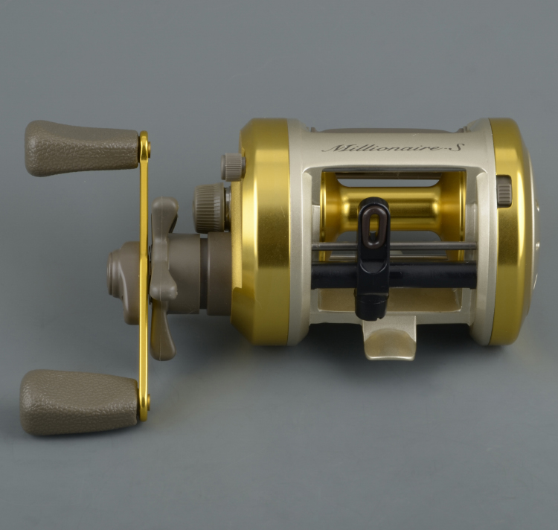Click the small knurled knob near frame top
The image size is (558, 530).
pyautogui.click(x=233, y=166)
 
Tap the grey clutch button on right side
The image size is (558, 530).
pyautogui.click(x=504, y=191)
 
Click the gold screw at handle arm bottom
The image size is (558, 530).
pyautogui.click(x=145, y=405)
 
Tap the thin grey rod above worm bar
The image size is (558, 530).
pyautogui.click(x=432, y=246)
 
